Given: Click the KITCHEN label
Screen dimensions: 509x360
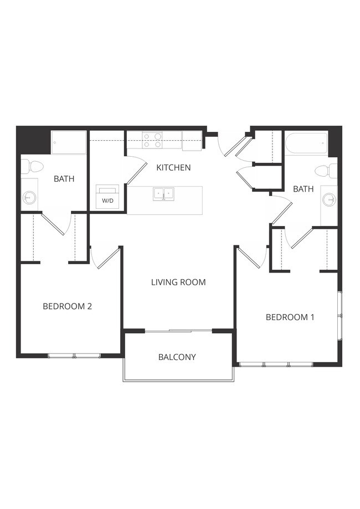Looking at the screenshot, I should [173, 167].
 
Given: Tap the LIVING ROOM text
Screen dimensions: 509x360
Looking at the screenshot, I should [178, 282].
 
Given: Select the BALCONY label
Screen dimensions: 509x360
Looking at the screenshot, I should [177, 357].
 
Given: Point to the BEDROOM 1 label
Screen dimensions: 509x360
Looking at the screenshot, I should [290, 317].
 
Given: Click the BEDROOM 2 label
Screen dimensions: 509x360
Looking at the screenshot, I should [67, 306].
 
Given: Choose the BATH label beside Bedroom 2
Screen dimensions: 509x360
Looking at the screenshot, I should [64, 178].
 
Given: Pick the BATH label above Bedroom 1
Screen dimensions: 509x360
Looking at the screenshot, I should [303, 189].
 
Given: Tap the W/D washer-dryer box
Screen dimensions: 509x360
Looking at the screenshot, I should [107, 197].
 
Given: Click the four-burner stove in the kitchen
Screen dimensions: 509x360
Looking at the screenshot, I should [152, 140].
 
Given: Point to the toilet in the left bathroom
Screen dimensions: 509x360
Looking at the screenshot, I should [34, 166].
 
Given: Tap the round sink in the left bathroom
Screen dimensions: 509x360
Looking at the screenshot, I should [29, 196].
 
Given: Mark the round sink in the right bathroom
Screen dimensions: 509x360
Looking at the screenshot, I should [330, 199].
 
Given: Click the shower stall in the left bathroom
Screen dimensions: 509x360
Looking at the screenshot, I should [69, 142].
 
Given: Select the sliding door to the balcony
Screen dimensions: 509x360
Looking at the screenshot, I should [178, 331].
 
